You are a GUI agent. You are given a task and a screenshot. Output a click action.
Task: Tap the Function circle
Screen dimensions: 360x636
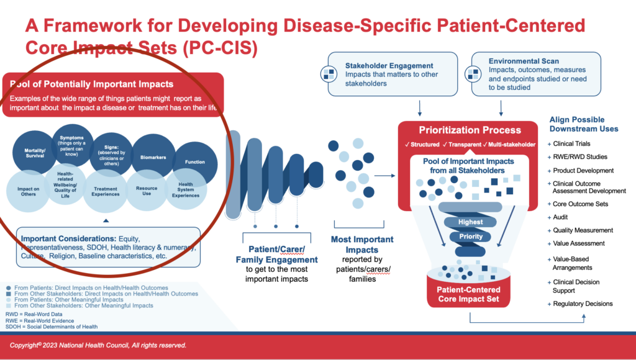194,161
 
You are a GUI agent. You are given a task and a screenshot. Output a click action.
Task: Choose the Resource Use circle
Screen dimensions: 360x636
147,191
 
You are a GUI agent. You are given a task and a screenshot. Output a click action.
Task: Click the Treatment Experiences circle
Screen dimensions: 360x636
106,191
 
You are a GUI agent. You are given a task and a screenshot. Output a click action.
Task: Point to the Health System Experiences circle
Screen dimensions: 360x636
186,191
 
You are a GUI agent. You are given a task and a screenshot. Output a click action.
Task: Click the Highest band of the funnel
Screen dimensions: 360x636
470,222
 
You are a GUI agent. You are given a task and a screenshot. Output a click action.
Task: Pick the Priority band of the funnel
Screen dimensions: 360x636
471,236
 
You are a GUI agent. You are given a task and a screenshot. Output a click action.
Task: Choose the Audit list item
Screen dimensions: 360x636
560,217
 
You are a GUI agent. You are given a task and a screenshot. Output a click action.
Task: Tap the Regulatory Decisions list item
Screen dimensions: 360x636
583,304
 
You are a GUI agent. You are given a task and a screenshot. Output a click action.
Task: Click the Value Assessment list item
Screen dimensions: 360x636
579,243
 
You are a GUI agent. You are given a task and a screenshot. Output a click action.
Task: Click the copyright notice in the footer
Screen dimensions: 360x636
98,345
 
